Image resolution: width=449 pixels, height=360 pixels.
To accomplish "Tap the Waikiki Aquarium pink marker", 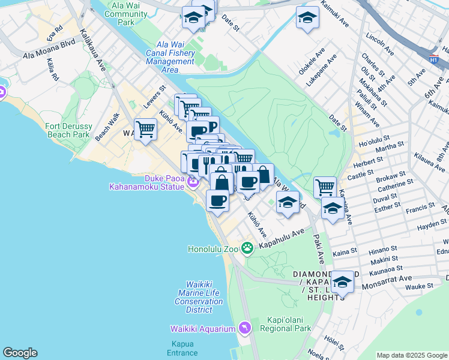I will pyautogui.click(x=244, y=328).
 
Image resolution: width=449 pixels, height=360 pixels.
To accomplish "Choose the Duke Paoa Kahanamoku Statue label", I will pyautogui.click(x=146, y=182).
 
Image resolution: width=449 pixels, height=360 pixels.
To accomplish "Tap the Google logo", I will pyautogui.click(x=20, y=353).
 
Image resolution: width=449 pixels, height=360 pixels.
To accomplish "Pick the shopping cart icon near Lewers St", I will pyautogui.click(x=145, y=130).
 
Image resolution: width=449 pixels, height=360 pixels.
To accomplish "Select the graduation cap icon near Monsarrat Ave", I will pyautogui.click(x=342, y=282).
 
